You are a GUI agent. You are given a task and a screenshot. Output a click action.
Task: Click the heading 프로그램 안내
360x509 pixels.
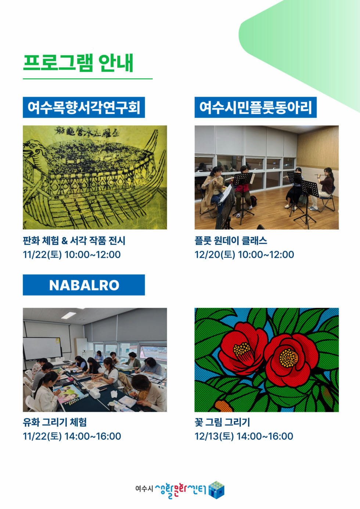click(78, 63)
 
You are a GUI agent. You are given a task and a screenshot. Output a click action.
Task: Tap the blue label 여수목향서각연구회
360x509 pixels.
click(84, 107)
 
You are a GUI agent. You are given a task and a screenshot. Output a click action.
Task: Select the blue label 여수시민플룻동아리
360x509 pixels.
click(255, 107)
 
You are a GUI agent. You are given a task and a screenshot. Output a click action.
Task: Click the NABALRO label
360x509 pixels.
click(84, 285)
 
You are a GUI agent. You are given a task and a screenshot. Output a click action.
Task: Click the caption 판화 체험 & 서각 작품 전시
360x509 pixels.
click(74, 241)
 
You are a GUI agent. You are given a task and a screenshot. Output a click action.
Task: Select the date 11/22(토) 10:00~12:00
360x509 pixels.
click(72, 254)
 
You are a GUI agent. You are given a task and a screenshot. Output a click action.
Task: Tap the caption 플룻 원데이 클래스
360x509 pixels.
click(231, 241)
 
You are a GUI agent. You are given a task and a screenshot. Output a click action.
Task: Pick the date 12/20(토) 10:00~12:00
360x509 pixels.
click(244, 254)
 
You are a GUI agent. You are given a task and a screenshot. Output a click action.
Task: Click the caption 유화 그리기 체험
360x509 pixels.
click(55, 422)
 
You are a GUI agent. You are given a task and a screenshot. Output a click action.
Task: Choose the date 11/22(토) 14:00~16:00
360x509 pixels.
click(72, 436)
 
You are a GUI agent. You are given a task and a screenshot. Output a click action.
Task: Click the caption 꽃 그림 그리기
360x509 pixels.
click(222, 422)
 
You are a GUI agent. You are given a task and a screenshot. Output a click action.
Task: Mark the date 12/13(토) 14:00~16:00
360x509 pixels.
click(244, 436)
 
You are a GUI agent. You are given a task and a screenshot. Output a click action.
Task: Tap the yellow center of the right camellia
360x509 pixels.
click(289, 357)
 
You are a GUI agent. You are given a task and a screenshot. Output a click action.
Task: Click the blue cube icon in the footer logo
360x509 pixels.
click(216, 490)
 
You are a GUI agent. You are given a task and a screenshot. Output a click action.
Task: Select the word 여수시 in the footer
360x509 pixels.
click(144, 489)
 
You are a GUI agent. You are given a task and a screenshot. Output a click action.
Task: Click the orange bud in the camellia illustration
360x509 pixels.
click(223, 405)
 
